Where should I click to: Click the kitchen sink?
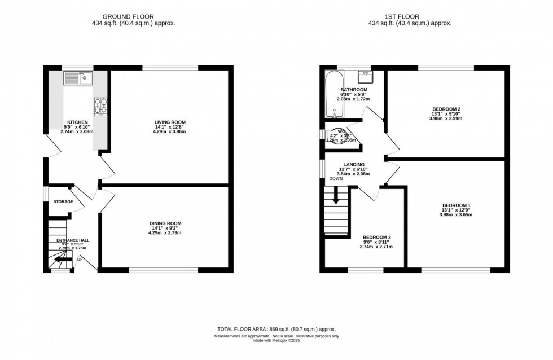coord(77,77)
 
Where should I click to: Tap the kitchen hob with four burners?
coord(101,105)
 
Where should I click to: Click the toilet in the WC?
coord(337,136)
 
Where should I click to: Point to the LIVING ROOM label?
coord(170,122)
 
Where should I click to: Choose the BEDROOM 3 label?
coord(377,237)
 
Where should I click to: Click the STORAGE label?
coord(63,201)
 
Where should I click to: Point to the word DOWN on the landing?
coord(337,179)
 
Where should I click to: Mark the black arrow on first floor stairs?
coord(336,196)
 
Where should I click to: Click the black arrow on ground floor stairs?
coord(58,260)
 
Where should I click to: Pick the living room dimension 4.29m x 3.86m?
coord(170,132)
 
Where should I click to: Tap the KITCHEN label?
coord(77,122)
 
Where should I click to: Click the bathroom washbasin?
coord(364,74)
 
